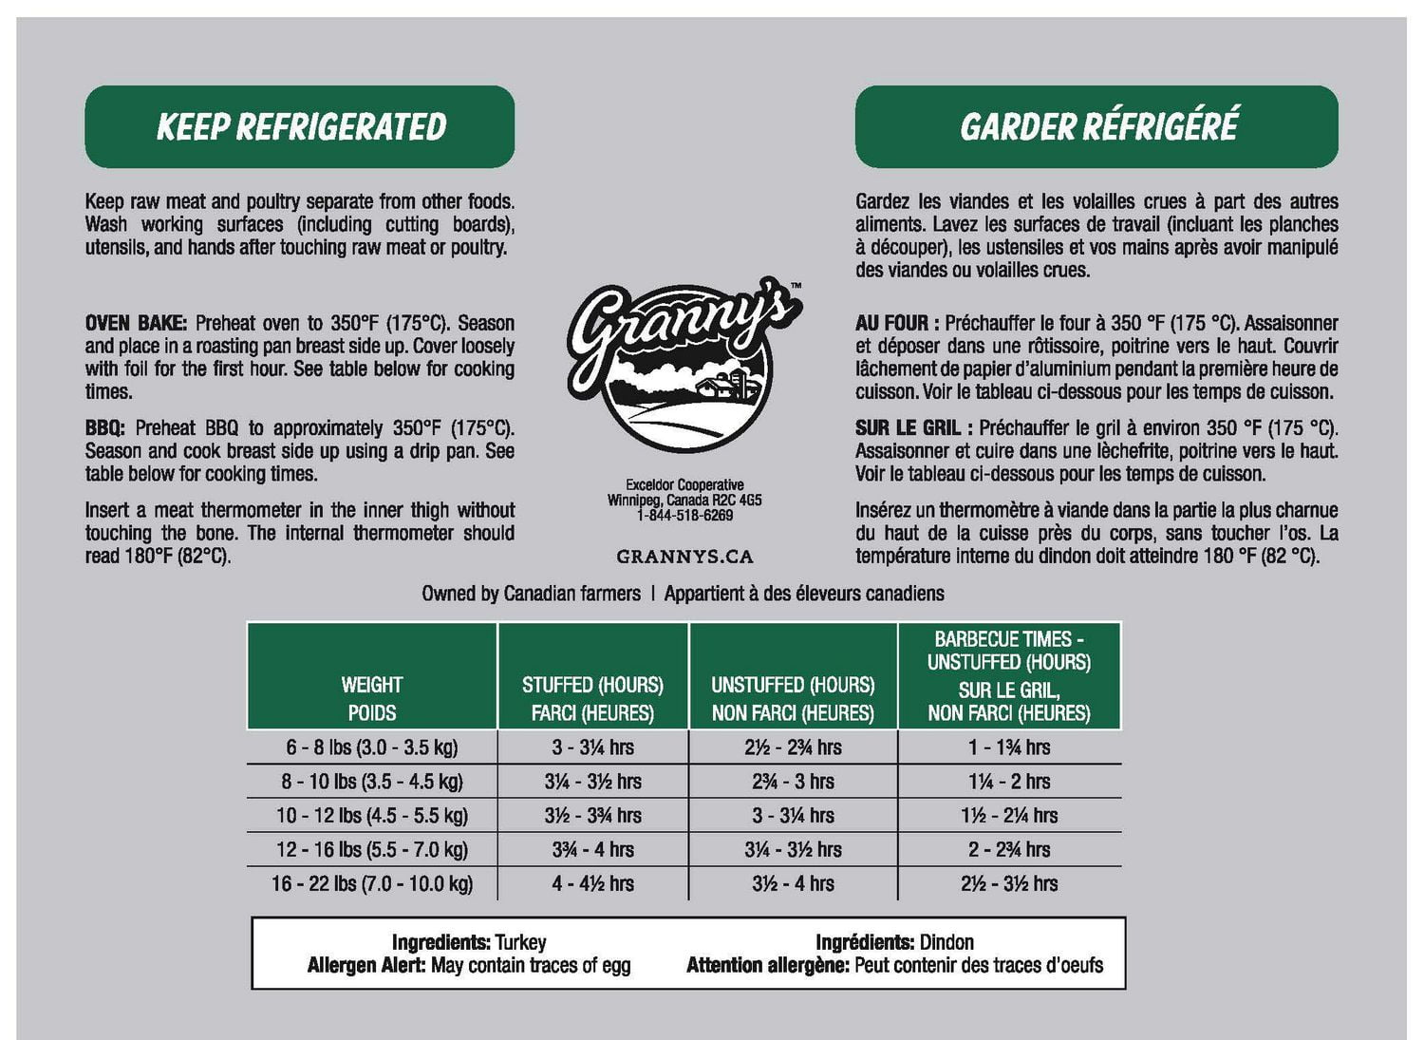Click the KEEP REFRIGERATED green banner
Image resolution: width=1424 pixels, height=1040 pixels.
[300, 126]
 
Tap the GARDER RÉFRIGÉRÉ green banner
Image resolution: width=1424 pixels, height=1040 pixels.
[1096, 126]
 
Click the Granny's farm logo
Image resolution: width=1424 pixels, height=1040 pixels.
[683, 367]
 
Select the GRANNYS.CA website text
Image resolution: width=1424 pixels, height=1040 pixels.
[684, 557]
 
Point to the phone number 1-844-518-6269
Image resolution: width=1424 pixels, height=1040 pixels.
[684, 516]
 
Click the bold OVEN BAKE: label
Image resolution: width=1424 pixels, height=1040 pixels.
[136, 323]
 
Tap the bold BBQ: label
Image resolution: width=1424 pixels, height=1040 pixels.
[104, 428]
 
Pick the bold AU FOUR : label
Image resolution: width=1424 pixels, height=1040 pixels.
[896, 323]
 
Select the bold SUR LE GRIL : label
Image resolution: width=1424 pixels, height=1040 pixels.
[913, 428]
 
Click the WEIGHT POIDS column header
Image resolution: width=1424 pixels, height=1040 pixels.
[372, 698]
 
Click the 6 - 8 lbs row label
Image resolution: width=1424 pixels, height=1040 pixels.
[372, 747]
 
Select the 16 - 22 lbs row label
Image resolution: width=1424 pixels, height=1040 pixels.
[372, 883]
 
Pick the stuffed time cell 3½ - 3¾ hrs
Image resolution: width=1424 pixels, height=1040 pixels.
[592, 816]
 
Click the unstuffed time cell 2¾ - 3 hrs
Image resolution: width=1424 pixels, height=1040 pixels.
[793, 782]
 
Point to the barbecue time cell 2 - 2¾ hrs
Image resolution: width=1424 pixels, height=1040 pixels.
[1009, 849]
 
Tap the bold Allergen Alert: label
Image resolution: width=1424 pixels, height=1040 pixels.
[366, 966]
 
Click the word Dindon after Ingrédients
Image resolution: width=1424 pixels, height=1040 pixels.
[946, 942]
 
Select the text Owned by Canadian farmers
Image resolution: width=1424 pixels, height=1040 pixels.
[531, 594]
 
